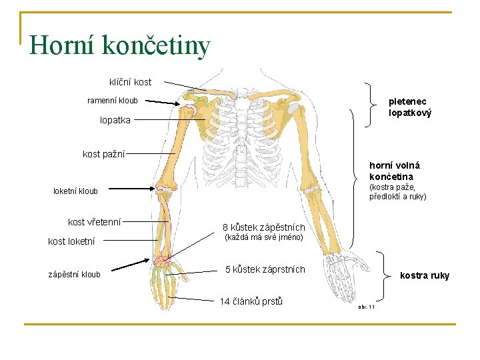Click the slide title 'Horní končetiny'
point(120,45)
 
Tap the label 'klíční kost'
point(130,82)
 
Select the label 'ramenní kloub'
point(113,101)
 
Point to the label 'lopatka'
point(115,121)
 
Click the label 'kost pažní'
point(103,154)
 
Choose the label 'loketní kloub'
point(75,191)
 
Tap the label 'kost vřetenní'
point(94,221)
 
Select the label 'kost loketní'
point(71,241)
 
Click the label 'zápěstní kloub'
point(74,274)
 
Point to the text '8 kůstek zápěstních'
point(263,227)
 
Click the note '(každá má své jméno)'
point(263,237)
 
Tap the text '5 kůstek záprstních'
point(265,269)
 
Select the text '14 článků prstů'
point(251,301)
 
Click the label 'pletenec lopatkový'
point(410,107)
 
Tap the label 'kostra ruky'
point(424,275)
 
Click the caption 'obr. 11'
point(366,307)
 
